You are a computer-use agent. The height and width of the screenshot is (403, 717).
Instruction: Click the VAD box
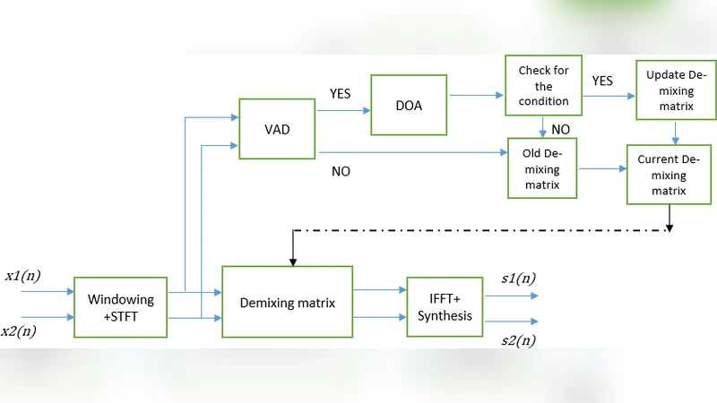[278, 129]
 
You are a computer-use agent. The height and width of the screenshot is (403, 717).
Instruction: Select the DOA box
[410, 105]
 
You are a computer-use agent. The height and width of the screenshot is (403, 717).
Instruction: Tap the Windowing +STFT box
[120, 307]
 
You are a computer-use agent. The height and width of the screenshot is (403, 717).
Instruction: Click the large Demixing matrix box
[288, 302]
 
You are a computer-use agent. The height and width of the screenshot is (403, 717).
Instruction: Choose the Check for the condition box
[543, 86]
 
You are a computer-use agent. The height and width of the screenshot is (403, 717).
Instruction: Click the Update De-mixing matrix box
[676, 90]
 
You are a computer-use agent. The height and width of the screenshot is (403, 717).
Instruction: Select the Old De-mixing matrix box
[542, 167]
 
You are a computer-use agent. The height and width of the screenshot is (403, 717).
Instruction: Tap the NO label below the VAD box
[341, 171]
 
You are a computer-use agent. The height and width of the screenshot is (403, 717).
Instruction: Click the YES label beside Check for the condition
[602, 81]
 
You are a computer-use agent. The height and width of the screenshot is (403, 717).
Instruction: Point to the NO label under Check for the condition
[560, 129]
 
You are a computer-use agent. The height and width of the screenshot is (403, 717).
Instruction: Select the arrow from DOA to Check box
[475, 94]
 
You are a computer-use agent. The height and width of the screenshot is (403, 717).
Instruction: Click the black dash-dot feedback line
[484, 230]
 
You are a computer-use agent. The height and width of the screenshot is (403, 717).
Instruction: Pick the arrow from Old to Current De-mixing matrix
[601, 167]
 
